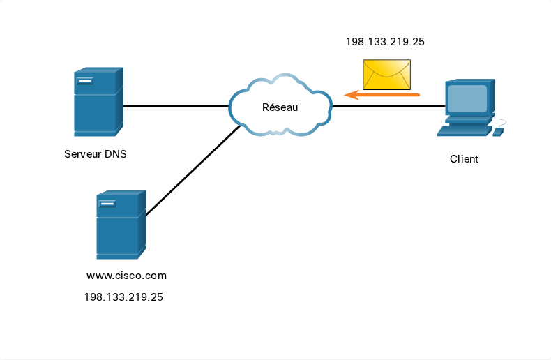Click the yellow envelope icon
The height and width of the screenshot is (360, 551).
point(386,75)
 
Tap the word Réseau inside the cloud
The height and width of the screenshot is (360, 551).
point(280,107)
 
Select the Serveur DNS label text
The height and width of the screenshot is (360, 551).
point(96,154)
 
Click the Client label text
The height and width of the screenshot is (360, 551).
point(464,159)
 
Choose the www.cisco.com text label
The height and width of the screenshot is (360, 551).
point(126,276)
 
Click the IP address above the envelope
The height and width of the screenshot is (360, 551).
point(385,42)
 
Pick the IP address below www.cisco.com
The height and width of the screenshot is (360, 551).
point(123,297)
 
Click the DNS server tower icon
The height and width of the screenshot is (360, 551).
point(98,102)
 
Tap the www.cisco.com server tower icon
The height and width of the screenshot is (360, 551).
point(121,225)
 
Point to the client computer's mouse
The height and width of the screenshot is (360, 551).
point(498,132)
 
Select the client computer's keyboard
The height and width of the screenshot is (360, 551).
point(464,130)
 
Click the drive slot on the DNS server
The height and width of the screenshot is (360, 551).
point(85,81)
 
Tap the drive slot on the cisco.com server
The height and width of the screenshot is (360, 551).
point(107,204)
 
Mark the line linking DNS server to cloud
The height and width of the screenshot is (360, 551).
point(176,106)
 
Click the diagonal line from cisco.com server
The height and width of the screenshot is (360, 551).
point(193,170)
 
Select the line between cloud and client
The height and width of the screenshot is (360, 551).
point(388,106)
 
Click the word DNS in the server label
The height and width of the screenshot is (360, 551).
point(116,154)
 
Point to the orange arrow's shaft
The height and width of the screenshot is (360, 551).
point(389,95)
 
